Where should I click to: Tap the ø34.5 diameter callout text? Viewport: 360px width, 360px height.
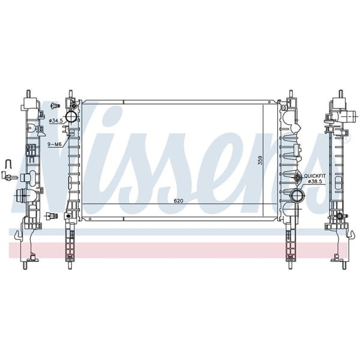(57, 121)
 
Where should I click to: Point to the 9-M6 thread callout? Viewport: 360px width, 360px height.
(56, 145)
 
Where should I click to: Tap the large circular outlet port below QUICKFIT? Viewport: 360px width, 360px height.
(297, 196)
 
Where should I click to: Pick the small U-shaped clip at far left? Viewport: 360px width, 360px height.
(8, 163)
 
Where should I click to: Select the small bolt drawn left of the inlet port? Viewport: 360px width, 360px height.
(55, 107)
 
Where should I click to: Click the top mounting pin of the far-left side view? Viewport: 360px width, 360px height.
(28, 95)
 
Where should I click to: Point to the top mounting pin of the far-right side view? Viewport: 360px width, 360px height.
(340, 95)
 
